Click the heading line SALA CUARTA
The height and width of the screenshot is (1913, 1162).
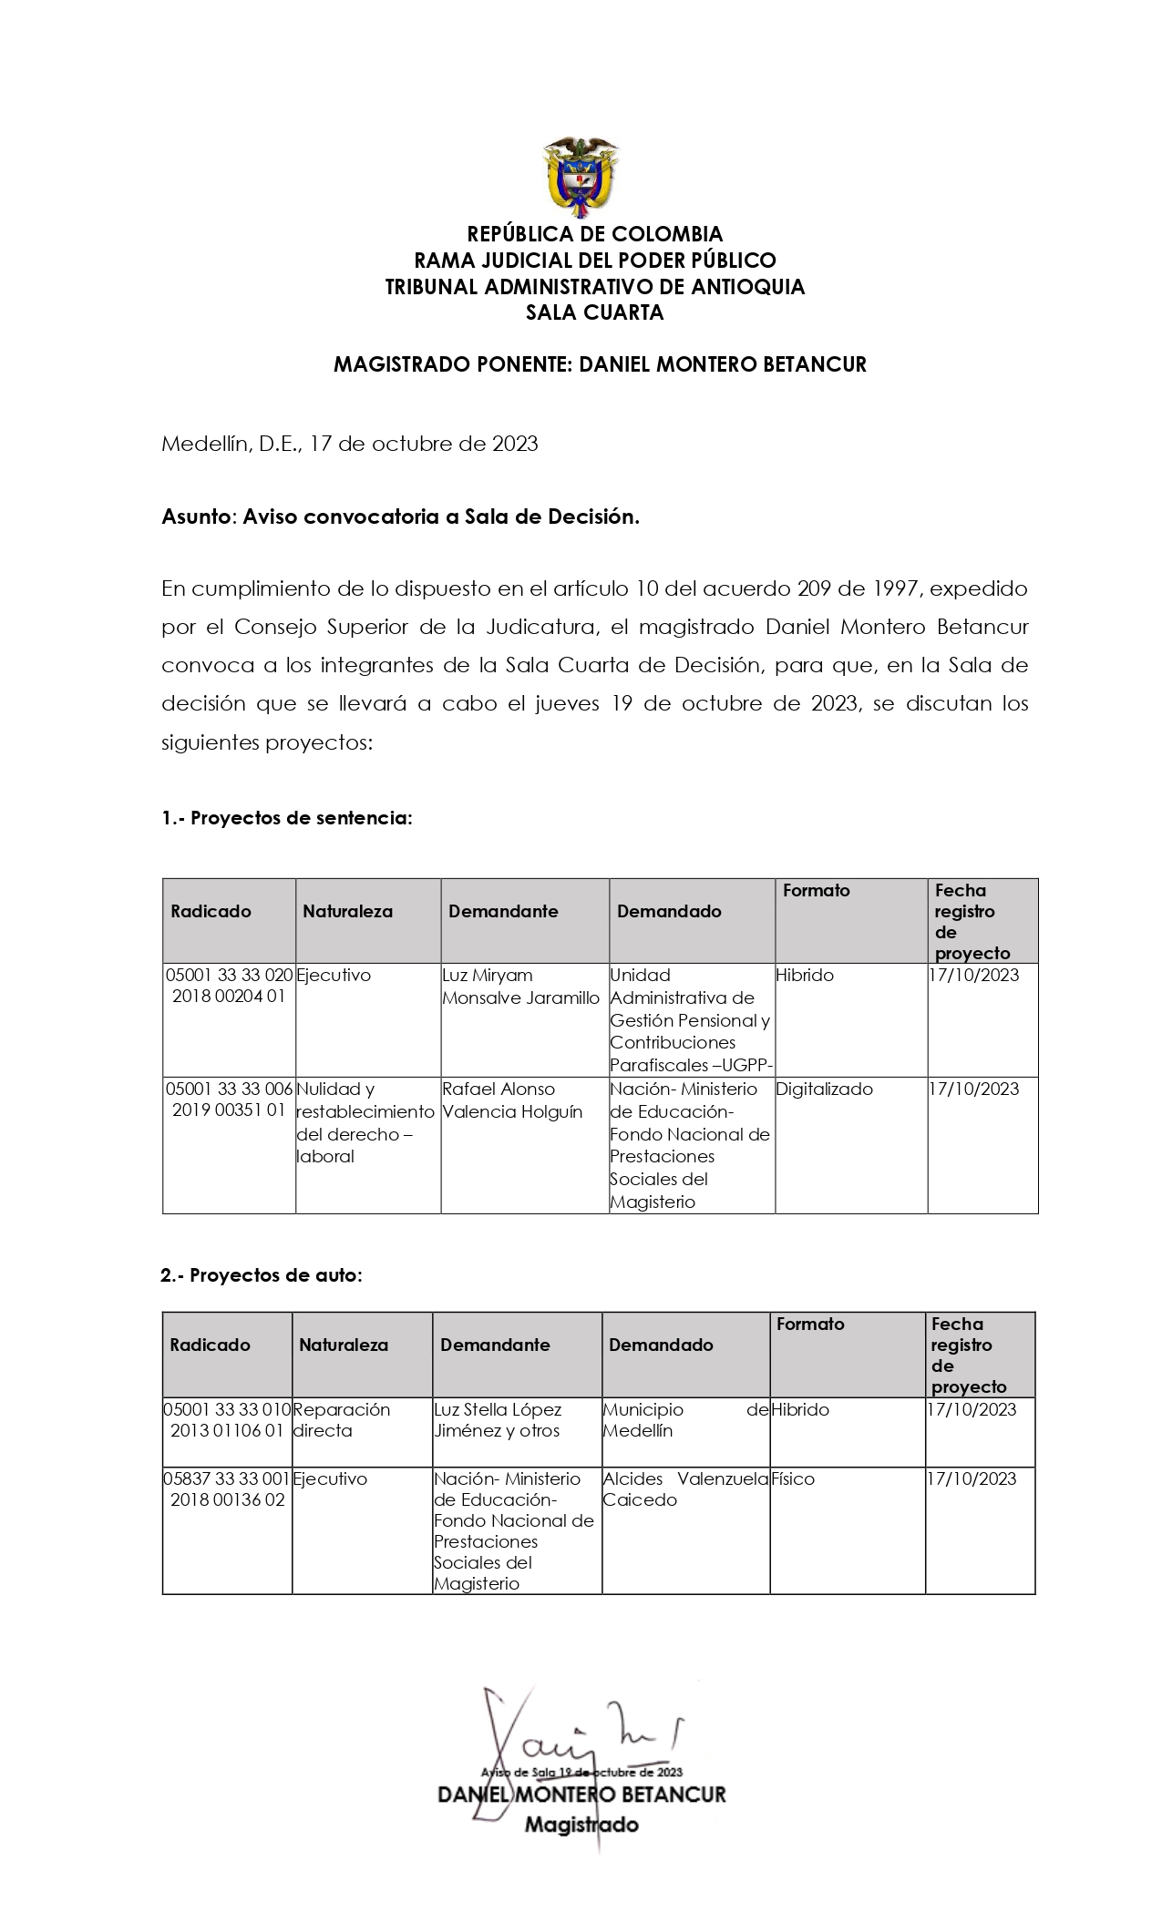[x=594, y=312]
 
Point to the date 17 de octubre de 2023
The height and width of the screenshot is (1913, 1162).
[x=424, y=444]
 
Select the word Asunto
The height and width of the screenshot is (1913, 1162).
[x=196, y=517]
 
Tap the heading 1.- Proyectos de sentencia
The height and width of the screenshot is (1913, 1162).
[x=287, y=818]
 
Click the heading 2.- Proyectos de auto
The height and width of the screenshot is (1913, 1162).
[x=262, y=1275]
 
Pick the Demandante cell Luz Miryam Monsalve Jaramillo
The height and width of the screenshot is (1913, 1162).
[x=520, y=987]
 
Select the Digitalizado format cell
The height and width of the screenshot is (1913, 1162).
[x=824, y=1089]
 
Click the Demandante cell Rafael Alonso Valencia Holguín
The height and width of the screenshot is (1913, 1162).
[x=511, y=1100]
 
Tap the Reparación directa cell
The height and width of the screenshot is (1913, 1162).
[x=341, y=1419]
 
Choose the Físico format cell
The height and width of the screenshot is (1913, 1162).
[x=792, y=1478]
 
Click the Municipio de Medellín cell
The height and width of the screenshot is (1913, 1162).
[x=684, y=1419]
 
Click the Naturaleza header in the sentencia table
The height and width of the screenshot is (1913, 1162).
[x=347, y=911]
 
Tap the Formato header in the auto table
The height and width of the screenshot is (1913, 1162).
[x=810, y=1324]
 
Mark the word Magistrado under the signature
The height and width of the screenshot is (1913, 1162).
[x=581, y=1824]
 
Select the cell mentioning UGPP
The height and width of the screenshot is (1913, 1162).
[x=691, y=1019]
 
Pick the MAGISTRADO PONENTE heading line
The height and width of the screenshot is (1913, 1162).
[x=600, y=364]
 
